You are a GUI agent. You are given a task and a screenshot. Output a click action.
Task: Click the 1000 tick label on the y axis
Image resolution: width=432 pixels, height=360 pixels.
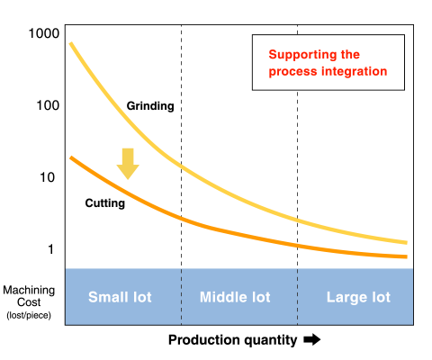(x=44, y=33)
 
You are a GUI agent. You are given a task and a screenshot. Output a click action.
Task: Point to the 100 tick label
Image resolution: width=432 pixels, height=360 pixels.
(x=48, y=105)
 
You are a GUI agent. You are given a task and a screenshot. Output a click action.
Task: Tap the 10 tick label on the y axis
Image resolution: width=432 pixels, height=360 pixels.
(x=48, y=177)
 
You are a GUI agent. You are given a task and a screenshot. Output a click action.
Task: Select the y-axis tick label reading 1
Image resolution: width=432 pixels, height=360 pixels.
(x=51, y=249)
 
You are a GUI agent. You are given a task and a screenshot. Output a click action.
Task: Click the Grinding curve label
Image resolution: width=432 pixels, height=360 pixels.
(x=150, y=106)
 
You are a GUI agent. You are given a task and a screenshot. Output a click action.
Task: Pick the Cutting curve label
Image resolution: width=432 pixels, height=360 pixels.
(x=105, y=203)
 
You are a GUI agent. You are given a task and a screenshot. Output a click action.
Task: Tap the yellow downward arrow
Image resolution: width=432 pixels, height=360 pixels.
(x=128, y=164)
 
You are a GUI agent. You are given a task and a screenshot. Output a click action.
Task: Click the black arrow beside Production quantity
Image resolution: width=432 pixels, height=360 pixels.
(x=312, y=339)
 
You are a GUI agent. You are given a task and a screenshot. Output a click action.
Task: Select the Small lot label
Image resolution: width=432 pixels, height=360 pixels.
(x=120, y=297)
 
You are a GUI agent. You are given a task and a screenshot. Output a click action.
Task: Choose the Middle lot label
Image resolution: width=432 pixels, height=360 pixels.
(x=235, y=297)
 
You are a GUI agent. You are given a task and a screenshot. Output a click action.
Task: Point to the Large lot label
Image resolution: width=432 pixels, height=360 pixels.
(x=358, y=297)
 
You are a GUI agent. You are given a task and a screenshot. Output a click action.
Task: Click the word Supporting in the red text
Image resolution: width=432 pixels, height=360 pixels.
(x=302, y=55)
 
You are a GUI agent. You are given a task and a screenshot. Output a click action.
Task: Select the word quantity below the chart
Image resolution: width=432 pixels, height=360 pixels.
(x=270, y=340)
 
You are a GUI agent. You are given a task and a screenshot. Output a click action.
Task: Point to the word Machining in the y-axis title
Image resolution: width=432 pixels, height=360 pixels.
(x=29, y=291)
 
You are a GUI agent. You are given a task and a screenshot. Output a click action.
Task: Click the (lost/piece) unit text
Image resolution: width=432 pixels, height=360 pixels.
(x=29, y=315)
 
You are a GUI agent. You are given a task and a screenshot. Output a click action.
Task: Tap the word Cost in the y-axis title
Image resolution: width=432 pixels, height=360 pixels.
(x=29, y=302)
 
